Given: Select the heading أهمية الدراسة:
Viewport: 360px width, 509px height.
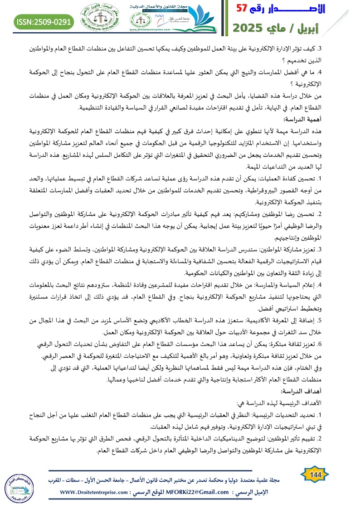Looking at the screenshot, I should pyautogui.click(x=336, y=119).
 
